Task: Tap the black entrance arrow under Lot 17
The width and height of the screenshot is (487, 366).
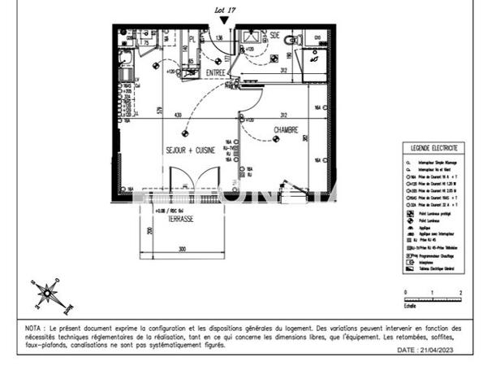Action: point(224,30)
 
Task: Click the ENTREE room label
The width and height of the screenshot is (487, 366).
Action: point(216,73)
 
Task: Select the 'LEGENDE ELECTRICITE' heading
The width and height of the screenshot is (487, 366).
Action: point(434,148)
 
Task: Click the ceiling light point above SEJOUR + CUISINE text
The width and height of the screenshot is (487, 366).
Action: point(186,133)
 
